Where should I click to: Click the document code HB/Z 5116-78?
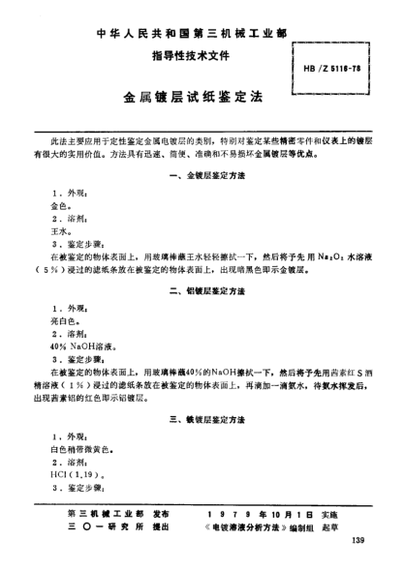(331, 70)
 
